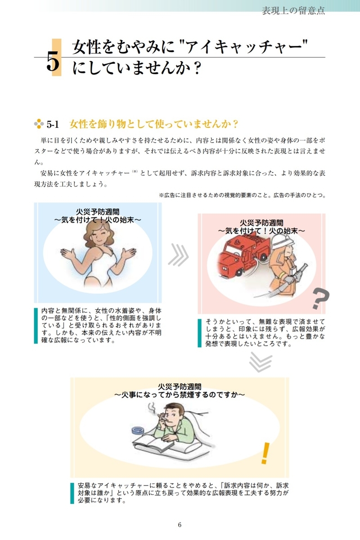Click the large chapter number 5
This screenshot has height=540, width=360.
[x=53, y=62]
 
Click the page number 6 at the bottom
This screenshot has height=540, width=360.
[x=180, y=525]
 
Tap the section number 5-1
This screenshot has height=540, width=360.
[x=53, y=124]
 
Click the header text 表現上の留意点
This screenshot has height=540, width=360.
[x=293, y=11]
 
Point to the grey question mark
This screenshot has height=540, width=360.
[x=321, y=299]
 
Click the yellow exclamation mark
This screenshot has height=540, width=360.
[x=265, y=453]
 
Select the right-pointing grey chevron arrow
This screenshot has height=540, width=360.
[x=179, y=255]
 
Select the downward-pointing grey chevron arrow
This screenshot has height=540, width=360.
[x=261, y=362]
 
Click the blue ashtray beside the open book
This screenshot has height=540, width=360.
[x=138, y=431]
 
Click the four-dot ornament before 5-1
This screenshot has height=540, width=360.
[x=39, y=124]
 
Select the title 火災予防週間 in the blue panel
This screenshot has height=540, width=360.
[x=98, y=212]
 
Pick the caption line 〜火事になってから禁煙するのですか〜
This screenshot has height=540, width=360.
[x=180, y=395]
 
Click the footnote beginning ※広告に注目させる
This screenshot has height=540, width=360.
[x=243, y=195]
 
